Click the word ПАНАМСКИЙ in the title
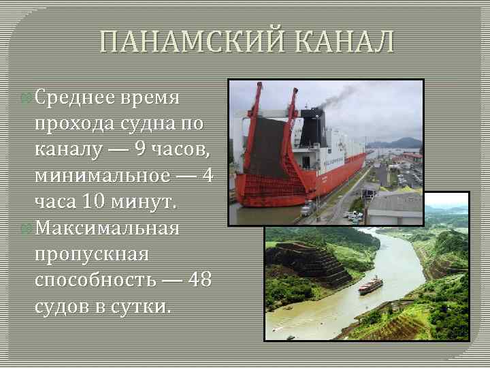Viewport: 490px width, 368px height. coord(183,42)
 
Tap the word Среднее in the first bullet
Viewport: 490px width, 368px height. coord(76,98)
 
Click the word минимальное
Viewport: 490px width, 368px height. coord(102,176)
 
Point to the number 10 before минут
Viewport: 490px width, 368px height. coord(93,202)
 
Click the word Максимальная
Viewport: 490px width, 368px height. coord(107,228)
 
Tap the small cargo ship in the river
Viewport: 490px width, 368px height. coord(370,286)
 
